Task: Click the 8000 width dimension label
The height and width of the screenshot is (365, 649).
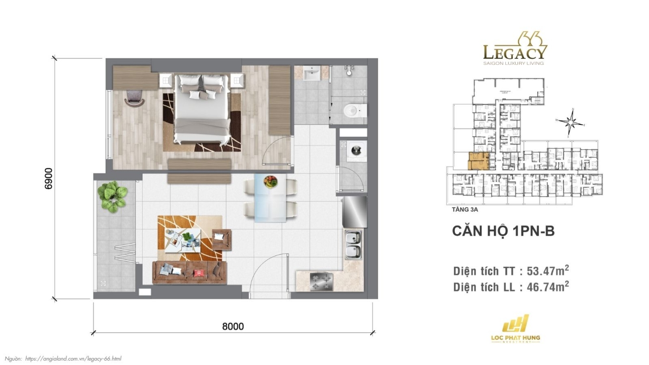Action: (x=233, y=326)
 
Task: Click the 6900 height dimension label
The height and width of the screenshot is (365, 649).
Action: (x=48, y=178)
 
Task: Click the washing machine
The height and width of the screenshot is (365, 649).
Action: (x=356, y=151)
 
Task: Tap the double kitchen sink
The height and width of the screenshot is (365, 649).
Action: (x=353, y=245)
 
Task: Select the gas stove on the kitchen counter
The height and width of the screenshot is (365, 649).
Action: (x=321, y=282)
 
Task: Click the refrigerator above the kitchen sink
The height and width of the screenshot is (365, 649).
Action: (x=355, y=212)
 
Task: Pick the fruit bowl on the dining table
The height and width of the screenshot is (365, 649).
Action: (x=270, y=181)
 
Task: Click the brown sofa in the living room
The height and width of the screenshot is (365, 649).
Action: (x=190, y=272)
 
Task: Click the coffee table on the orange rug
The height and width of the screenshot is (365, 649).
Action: (x=183, y=240)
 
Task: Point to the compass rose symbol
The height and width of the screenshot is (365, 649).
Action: (x=571, y=122)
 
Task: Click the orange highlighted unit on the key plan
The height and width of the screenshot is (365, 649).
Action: (x=479, y=161)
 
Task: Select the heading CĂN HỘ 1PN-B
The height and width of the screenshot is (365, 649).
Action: (x=503, y=231)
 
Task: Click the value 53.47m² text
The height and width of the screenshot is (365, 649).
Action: (x=547, y=271)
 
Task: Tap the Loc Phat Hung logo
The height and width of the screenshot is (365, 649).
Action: (x=515, y=329)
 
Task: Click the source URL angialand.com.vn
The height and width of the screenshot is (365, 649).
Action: (x=73, y=359)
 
